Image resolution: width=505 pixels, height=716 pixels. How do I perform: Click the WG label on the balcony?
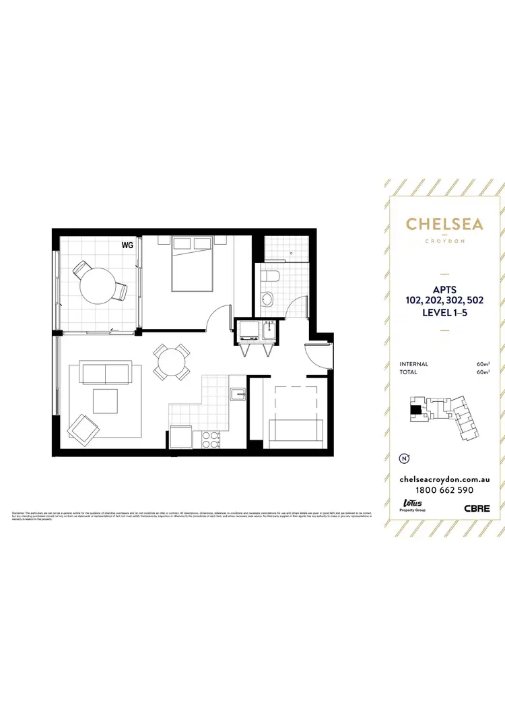tap(127, 245)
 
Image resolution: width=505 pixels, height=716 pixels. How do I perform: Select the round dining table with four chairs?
tap(170, 363)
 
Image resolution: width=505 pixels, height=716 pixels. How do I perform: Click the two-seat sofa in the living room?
tap(105, 372)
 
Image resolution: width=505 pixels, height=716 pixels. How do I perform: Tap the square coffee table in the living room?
tap(106, 401)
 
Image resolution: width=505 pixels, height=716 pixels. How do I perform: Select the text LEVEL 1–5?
tap(444, 313)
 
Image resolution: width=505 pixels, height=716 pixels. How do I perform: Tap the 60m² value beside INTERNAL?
tap(482, 364)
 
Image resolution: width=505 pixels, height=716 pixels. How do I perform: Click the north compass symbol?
tap(405, 458)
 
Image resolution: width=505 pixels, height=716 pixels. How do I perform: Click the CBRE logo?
tap(476, 509)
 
